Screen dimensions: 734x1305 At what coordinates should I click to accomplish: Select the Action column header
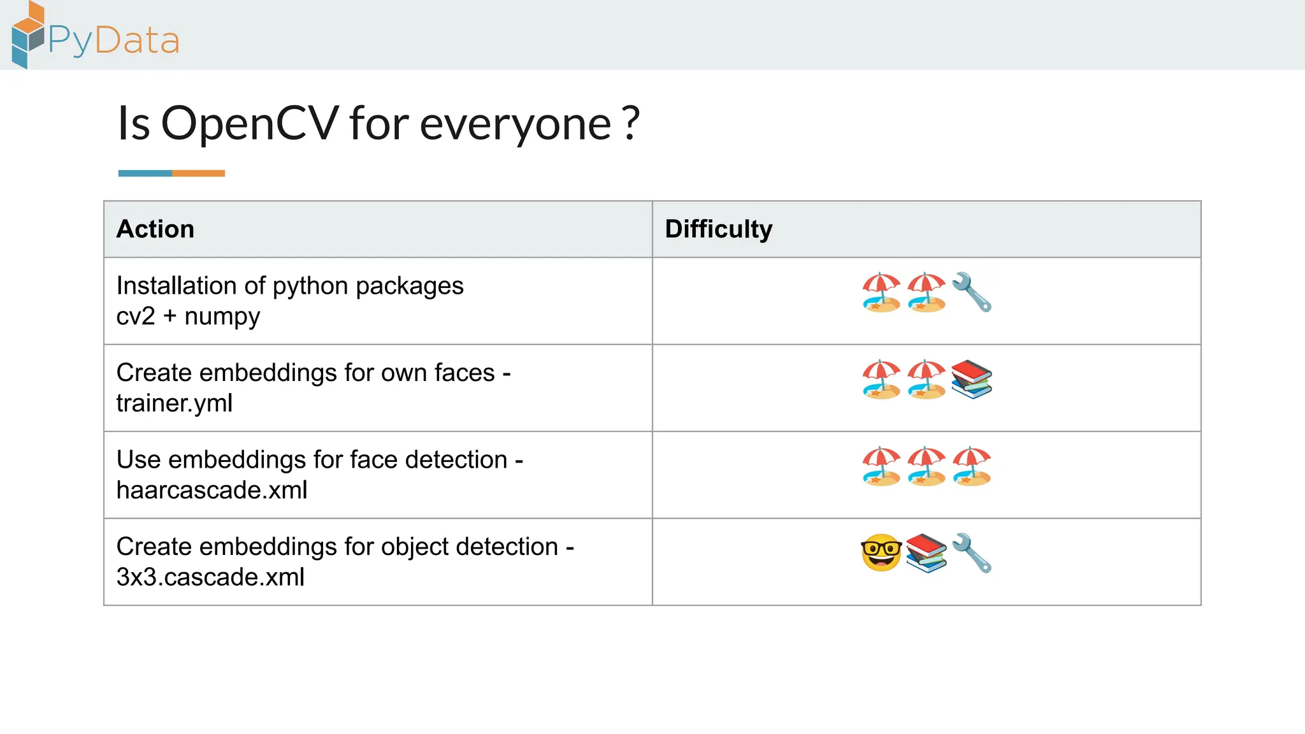(155, 229)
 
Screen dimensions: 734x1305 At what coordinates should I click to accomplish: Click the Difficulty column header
(718, 229)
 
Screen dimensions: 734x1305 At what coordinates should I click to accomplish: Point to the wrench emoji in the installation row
(972, 292)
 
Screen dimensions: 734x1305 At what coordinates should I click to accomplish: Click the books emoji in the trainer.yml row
(971, 379)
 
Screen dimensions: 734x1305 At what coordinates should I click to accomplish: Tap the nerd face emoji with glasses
(881, 552)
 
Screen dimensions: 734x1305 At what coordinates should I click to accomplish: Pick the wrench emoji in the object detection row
(972, 553)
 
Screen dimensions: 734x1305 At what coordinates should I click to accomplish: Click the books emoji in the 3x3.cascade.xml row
(926, 553)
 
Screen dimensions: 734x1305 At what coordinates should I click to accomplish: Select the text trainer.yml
(174, 403)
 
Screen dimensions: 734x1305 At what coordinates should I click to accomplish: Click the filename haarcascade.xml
(212, 490)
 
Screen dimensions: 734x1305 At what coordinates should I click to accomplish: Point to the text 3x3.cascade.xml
(210, 577)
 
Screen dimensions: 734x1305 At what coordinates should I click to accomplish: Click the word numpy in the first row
(222, 317)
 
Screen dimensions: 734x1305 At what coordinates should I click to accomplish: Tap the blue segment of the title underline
(145, 173)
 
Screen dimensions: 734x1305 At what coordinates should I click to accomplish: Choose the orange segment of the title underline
(198, 173)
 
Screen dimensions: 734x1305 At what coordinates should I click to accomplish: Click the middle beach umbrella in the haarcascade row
(926, 466)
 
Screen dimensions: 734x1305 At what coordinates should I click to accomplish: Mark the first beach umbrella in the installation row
(881, 292)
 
